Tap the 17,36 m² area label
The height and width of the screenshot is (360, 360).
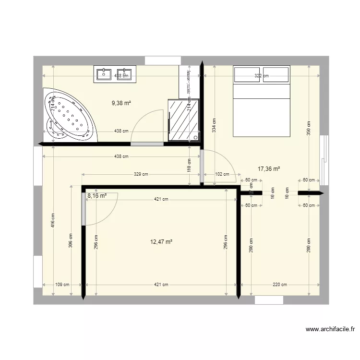[269, 168]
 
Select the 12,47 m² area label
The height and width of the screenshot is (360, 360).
[161, 242]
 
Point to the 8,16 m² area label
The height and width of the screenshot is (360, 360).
[96, 196]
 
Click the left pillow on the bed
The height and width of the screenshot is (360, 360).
[247, 74]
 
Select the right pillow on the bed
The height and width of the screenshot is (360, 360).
[276, 74]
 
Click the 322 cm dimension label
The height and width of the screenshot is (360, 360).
[261, 76]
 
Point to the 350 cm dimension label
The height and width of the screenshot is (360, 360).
[309, 127]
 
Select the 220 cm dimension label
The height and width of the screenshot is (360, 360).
[280, 285]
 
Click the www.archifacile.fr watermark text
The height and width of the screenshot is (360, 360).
[331, 329]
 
